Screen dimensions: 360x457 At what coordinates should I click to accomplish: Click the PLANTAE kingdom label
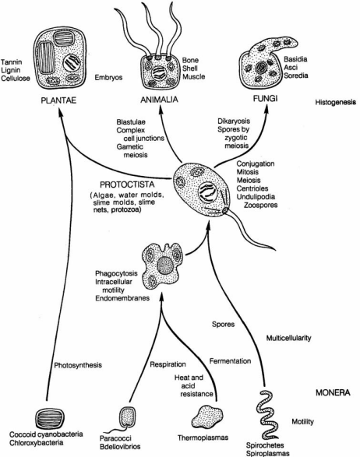pyautogui.click(x=58, y=100)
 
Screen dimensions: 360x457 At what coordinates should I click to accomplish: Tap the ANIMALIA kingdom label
pyautogui.click(x=159, y=100)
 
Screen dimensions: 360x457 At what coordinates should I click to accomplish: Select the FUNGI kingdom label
pyautogui.click(x=265, y=99)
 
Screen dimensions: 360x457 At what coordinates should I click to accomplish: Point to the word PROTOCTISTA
pyautogui.click(x=127, y=185)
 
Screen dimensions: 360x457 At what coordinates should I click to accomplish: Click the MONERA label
pyautogui.click(x=333, y=392)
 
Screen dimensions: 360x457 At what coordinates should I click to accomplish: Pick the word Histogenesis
pyautogui.click(x=336, y=102)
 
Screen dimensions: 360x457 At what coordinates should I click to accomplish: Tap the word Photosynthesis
pyautogui.click(x=78, y=365)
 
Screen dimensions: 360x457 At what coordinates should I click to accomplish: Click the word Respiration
pyautogui.click(x=168, y=364)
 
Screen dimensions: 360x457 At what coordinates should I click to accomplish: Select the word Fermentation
pyautogui.click(x=230, y=361)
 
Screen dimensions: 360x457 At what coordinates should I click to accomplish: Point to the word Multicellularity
pyautogui.click(x=288, y=338)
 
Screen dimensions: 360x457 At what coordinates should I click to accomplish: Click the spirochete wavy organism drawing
pyautogui.click(x=266, y=415)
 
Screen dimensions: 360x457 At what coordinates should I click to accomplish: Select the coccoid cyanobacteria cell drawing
pyautogui.click(x=50, y=419)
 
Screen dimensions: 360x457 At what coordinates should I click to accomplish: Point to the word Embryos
pyautogui.click(x=108, y=78)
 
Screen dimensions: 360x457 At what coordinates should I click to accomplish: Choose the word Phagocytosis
pyautogui.click(x=116, y=273)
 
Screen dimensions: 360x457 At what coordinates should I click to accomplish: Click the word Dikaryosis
pyautogui.click(x=234, y=121)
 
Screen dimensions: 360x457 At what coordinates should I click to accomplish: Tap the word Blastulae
pyautogui.click(x=131, y=122)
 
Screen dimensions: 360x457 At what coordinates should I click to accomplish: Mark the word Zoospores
pyautogui.click(x=260, y=205)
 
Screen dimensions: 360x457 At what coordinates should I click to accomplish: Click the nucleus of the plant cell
pyautogui.click(x=72, y=62)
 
